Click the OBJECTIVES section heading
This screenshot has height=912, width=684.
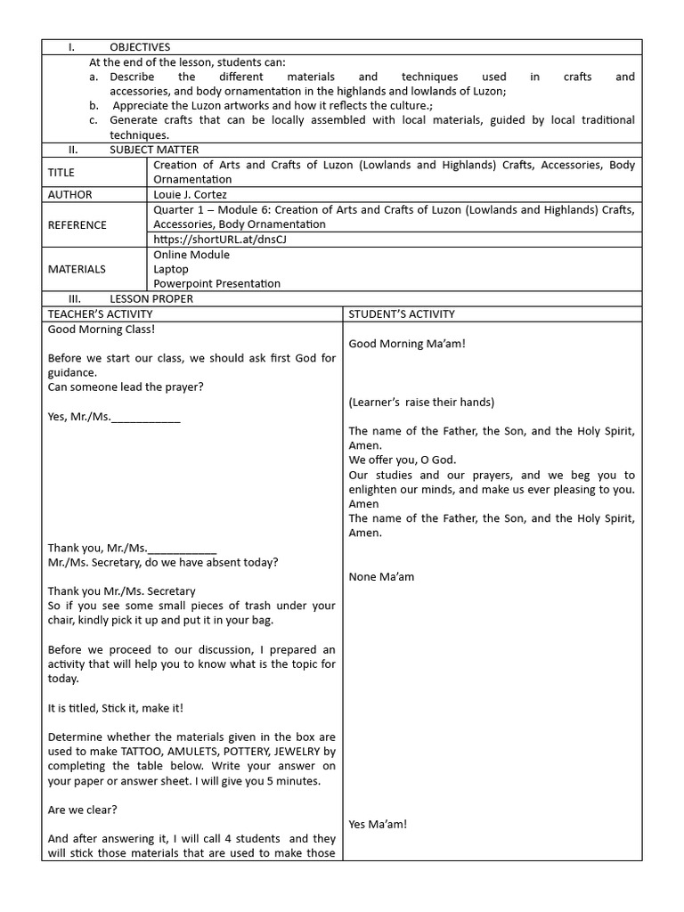(x=139, y=47)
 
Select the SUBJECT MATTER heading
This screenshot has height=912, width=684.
(x=154, y=150)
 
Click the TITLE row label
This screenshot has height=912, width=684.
(x=61, y=173)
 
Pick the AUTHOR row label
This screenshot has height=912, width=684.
(x=69, y=194)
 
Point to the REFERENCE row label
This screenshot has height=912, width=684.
(x=77, y=225)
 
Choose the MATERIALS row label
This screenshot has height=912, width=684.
(x=77, y=269)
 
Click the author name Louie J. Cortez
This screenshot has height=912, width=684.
(x=191, y=194)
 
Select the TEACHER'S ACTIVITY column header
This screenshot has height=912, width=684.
(x=100, y=313)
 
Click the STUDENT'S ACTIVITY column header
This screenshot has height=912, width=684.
(x=401, y=313)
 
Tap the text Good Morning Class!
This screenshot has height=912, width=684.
(x=101, y=330)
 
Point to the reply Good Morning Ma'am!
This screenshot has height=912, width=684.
(x=407, y=344)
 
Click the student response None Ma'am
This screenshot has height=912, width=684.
(x=381, y=576)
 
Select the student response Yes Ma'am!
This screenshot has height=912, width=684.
(x=378, y=824)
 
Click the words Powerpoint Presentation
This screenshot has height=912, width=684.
(x=216, y=283)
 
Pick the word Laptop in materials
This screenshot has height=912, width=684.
(x=171, y=269)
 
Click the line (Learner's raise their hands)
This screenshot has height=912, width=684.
(x=421, y=403)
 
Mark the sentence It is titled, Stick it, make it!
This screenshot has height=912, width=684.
(x=116, y=708)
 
